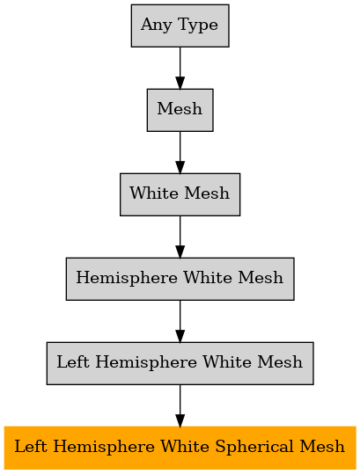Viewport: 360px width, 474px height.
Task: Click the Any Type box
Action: coord(180,26)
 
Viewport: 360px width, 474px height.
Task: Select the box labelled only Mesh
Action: coord(180,110)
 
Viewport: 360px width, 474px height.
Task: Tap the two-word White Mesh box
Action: coord(180,194)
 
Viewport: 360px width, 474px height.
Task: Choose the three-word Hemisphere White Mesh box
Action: coord(180,279)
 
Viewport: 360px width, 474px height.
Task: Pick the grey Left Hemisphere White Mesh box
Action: coord(180,363)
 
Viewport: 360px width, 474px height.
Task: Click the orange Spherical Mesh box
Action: coord(180,448)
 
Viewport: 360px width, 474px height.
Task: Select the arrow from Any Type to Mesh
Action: coord(180,68)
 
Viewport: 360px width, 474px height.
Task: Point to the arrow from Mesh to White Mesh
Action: coord(180,152)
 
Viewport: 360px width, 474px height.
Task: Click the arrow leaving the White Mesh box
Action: coord(180,237)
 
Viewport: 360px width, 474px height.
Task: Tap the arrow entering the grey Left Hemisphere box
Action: coord(180,321)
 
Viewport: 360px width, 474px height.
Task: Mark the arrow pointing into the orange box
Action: coord(180,405)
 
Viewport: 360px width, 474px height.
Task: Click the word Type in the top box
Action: coord(198,26)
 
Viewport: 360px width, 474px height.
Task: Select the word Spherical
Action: coord(257,448)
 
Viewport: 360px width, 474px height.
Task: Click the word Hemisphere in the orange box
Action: coord(104,448)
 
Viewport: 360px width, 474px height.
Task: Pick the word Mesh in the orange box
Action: coord(322,447)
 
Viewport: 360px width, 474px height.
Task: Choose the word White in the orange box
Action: coord(185,447)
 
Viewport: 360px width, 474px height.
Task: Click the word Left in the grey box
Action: coord(73,361)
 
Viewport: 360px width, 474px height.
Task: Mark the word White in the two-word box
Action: coord(154,193)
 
